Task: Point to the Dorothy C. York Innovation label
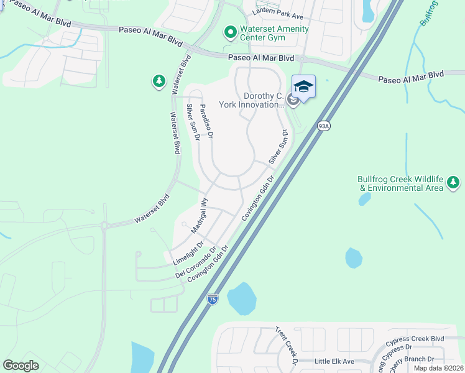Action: (263, 100)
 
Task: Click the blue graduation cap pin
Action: (303, 87)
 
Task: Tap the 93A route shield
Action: (323, 126)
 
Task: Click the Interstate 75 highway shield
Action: (212, 299)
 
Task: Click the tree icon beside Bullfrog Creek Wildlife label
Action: (454, 183)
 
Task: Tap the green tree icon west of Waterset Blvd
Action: (159, 81)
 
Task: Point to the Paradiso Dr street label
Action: (206, 121)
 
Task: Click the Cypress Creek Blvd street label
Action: (415, 339)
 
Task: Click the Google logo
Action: (21, 365)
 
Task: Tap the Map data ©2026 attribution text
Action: (438, 368)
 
